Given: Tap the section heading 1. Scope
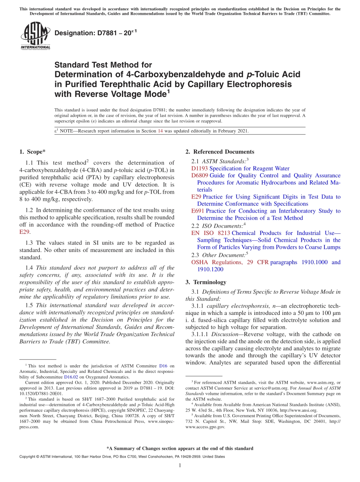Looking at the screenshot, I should tap(32, 152).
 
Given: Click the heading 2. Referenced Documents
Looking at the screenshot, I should tap(219, 152).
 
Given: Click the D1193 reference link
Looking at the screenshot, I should tap(200, 168).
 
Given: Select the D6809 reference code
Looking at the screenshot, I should tap(200, 175).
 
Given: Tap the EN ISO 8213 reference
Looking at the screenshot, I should tap(211, 233).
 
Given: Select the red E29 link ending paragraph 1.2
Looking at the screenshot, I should tap(24, 232).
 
